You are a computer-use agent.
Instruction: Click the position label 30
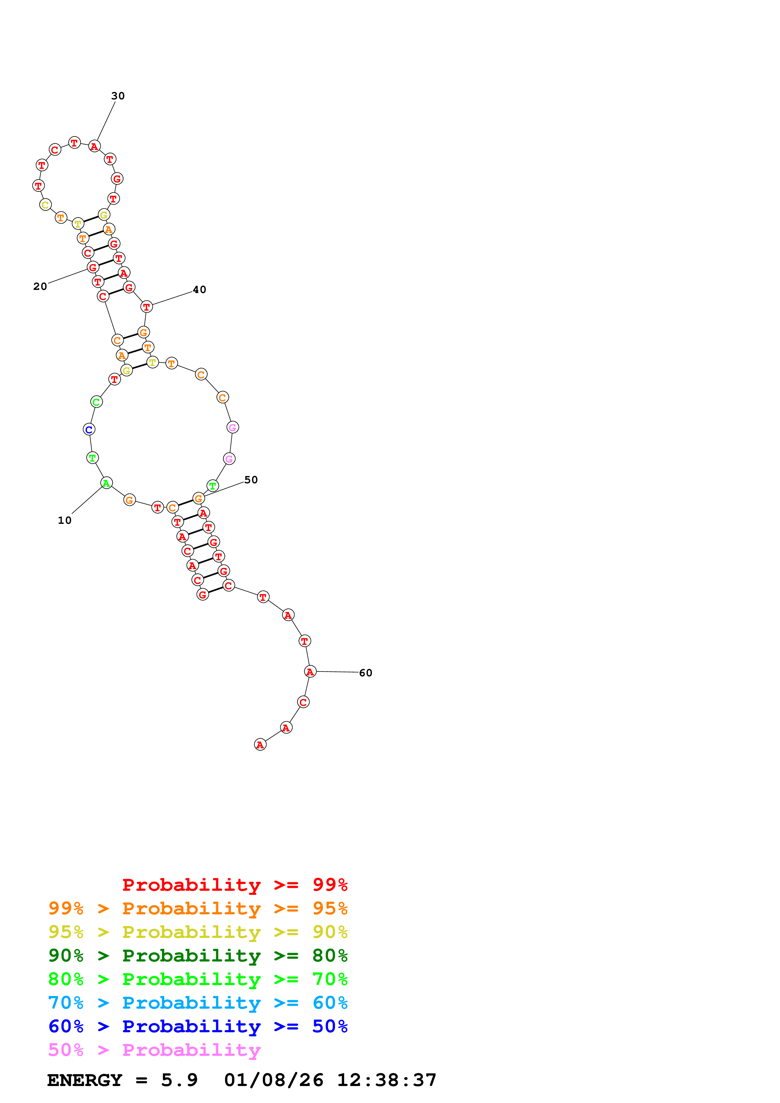118,96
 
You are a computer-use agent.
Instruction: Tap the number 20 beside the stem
40,286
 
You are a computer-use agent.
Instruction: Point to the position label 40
199,290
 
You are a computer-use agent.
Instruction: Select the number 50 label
251,480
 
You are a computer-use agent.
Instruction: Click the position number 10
65,520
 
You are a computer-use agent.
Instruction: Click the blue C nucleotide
89,430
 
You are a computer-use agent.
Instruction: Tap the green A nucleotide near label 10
106,483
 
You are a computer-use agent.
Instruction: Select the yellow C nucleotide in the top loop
45,205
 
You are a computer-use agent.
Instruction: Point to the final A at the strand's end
260,745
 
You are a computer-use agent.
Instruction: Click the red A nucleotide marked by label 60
310,672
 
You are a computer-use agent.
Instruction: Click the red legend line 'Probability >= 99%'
234,885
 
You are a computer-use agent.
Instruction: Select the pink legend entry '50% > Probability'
154,1050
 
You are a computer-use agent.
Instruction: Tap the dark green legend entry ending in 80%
198,956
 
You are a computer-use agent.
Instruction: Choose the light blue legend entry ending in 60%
198,1003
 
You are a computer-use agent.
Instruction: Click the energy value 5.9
179,1080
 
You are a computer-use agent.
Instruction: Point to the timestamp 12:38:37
386,1080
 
